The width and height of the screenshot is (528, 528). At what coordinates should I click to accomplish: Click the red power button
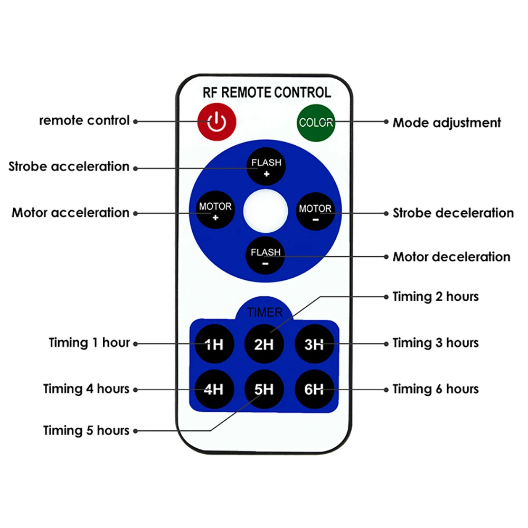216,121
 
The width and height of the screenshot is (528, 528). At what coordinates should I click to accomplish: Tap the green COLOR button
316,122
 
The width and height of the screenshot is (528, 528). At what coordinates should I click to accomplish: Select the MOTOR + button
215,210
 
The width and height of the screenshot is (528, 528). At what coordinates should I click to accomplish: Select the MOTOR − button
316,212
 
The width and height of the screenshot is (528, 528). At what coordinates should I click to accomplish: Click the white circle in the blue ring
266,211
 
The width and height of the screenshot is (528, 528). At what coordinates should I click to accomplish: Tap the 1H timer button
214,344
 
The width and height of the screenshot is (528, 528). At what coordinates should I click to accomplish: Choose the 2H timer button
264,344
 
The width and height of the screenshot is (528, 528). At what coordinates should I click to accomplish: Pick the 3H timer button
314,344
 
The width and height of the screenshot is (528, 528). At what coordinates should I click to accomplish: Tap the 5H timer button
264,389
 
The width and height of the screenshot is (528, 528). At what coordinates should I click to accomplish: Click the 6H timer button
314,389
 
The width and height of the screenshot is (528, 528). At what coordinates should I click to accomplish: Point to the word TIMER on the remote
265,313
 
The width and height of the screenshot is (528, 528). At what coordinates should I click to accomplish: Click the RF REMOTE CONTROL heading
267,92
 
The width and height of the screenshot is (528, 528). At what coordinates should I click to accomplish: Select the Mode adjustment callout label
447,123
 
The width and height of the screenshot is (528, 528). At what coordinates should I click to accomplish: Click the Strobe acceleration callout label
69,166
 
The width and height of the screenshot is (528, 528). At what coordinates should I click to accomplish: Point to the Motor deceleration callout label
451,257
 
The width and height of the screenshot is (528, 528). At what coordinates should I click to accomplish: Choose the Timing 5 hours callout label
86,430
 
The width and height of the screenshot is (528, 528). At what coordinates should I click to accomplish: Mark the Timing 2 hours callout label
436,297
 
